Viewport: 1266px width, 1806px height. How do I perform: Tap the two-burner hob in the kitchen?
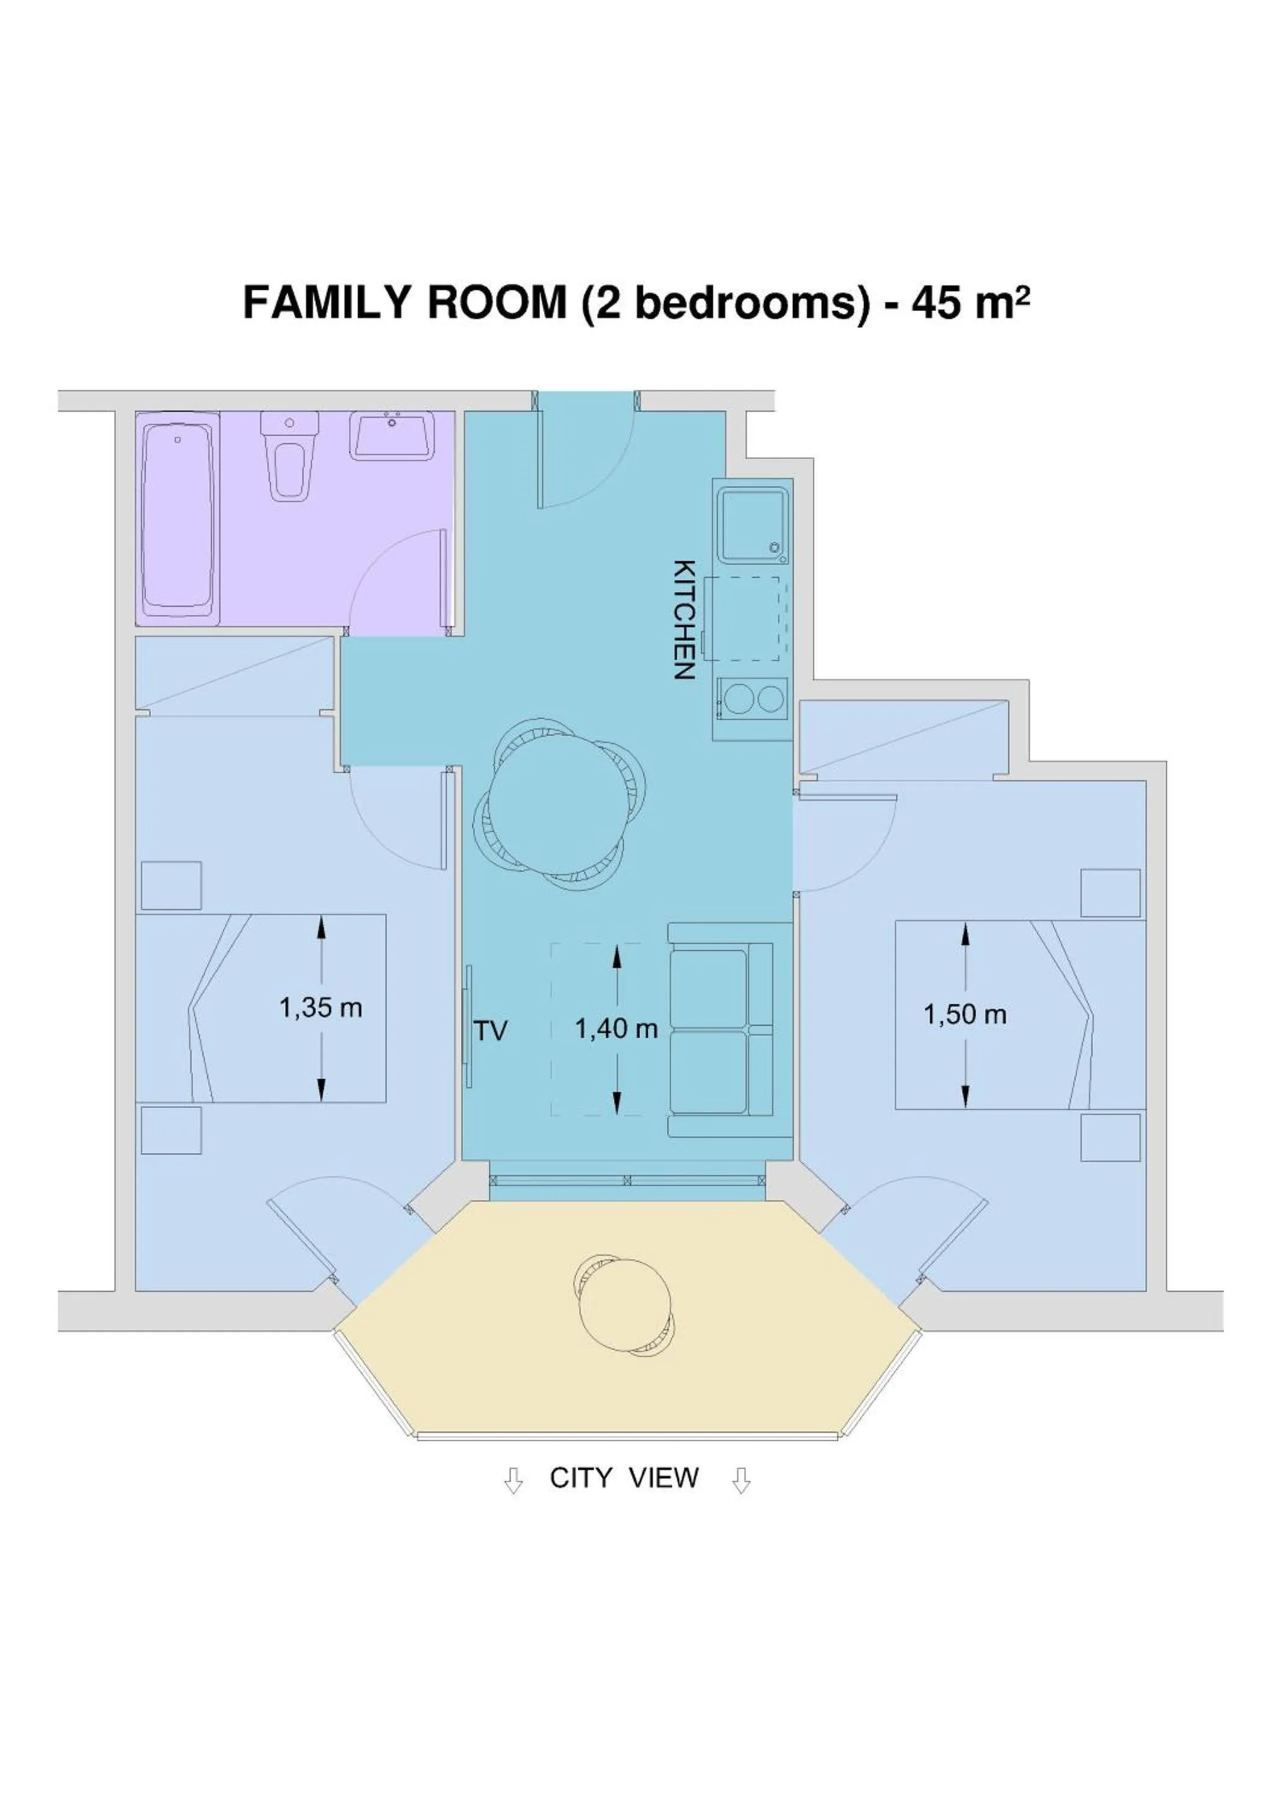click(x=752, y=698)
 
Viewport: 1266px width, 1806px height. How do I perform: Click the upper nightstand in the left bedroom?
click(x=170, y=886)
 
